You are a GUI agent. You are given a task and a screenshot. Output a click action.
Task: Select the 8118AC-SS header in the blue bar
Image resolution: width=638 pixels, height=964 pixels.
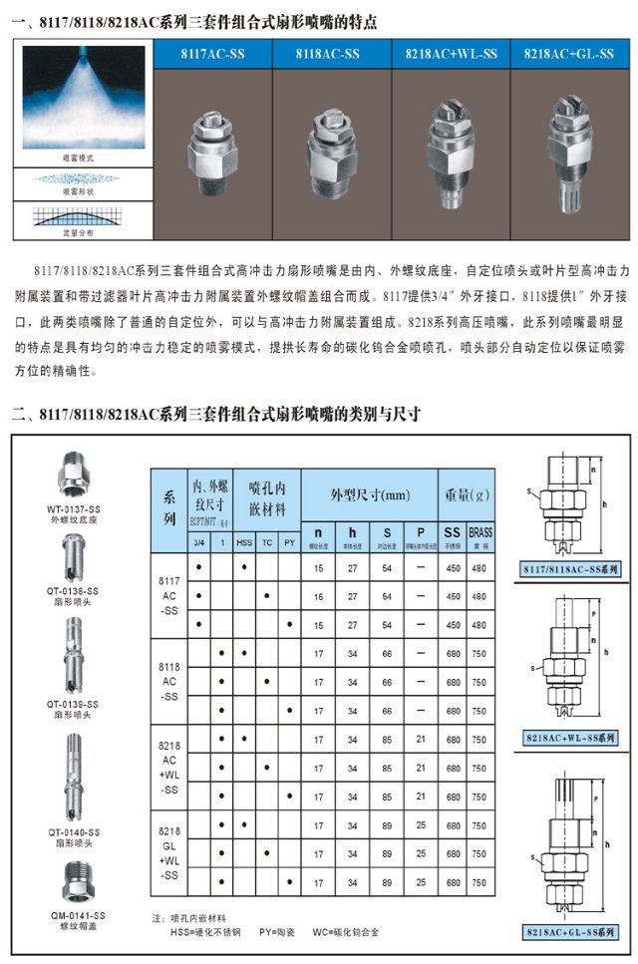[328, 54]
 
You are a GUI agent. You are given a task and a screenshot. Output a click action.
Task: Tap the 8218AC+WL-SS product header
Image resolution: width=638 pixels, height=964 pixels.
[449, 54]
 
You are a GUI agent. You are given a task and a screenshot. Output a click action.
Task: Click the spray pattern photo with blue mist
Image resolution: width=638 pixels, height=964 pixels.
[85, 96]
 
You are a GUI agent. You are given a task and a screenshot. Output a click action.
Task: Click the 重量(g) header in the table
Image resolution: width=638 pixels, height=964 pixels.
[466, 495]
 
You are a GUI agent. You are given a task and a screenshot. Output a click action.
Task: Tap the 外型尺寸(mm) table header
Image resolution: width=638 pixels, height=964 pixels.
[370, 495]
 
